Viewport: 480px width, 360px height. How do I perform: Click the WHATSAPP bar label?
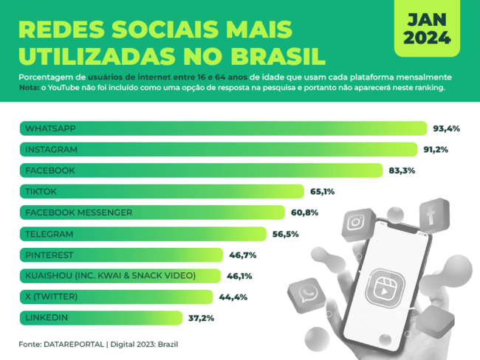tap(50, 128)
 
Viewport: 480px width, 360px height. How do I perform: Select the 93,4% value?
tap(446, 128)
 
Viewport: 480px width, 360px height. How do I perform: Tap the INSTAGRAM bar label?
tap(51, 149)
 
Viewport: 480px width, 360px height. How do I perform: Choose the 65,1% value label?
tap(322, 192)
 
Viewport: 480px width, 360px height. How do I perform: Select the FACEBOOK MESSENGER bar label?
tap(78, 212)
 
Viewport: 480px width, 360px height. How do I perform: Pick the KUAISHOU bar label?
tap(110, 276)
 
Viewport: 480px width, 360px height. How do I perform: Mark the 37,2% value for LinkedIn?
tap(201, 318)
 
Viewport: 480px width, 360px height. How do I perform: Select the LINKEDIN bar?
tap(100, 318)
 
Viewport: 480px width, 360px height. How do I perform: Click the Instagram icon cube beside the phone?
tap(357, 221)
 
